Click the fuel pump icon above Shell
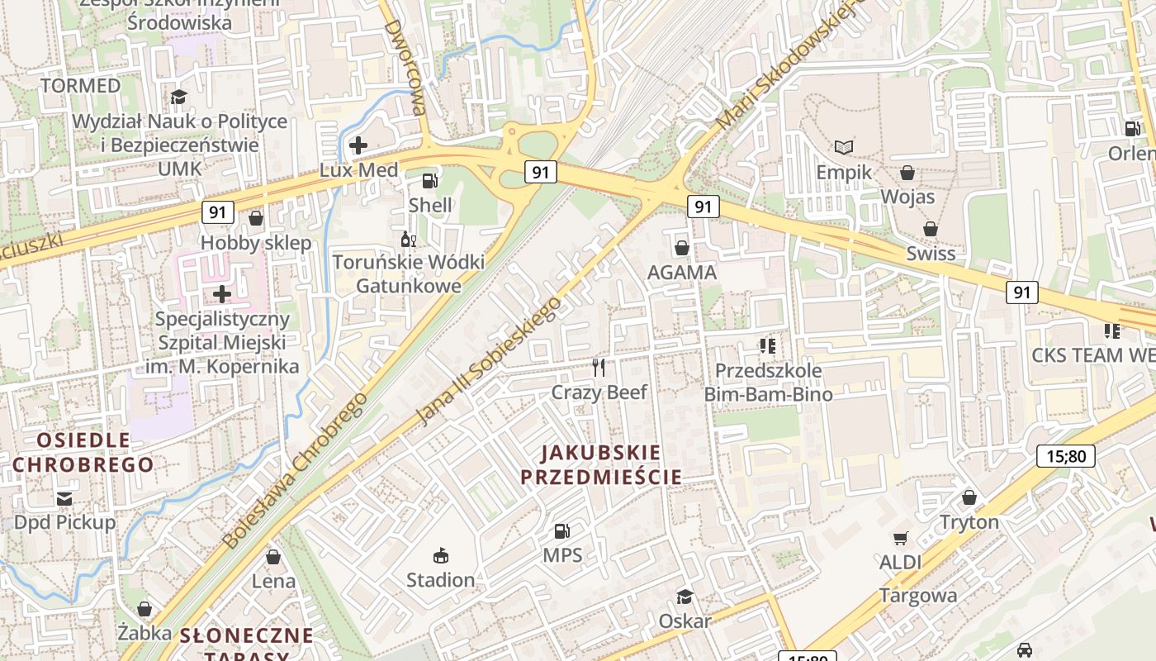429,180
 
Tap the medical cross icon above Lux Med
358,145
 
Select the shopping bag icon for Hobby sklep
256,218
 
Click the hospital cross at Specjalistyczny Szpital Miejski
222,293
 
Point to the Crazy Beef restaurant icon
599,367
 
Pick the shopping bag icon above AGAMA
682,247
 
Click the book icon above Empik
843,147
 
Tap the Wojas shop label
907,197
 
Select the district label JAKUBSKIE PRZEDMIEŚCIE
601,464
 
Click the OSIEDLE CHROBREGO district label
83,452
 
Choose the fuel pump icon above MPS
562,530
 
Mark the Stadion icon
441,555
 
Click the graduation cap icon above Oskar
685,597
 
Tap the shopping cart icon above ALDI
900,538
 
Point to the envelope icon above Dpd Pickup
64,498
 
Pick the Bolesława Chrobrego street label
295,469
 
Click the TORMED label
81,85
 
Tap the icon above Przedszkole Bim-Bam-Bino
768,345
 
